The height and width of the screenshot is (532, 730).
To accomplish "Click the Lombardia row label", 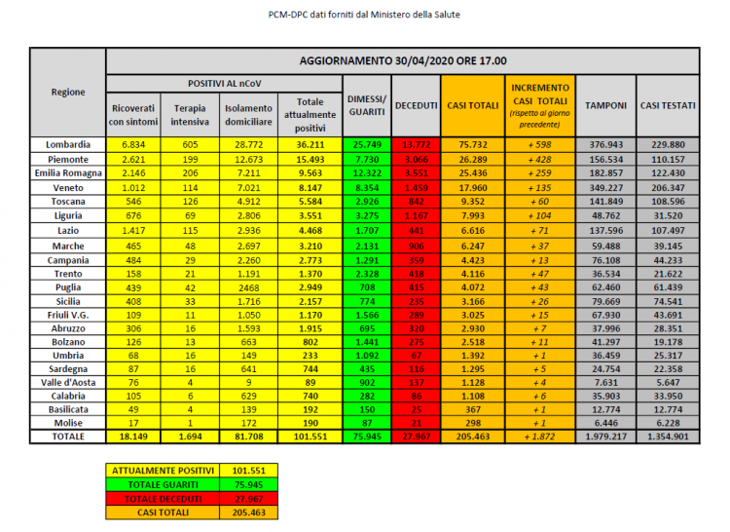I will click(68, 143).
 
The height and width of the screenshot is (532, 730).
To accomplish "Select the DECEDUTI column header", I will click(415, 104).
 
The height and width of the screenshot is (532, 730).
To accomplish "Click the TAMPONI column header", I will click(604, 104).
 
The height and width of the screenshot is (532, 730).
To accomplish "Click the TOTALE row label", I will click(68, 437).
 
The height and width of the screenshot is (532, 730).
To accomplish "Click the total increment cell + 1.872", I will click(540, 437).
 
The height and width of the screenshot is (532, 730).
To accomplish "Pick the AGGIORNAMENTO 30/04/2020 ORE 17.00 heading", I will click(402, 60).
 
